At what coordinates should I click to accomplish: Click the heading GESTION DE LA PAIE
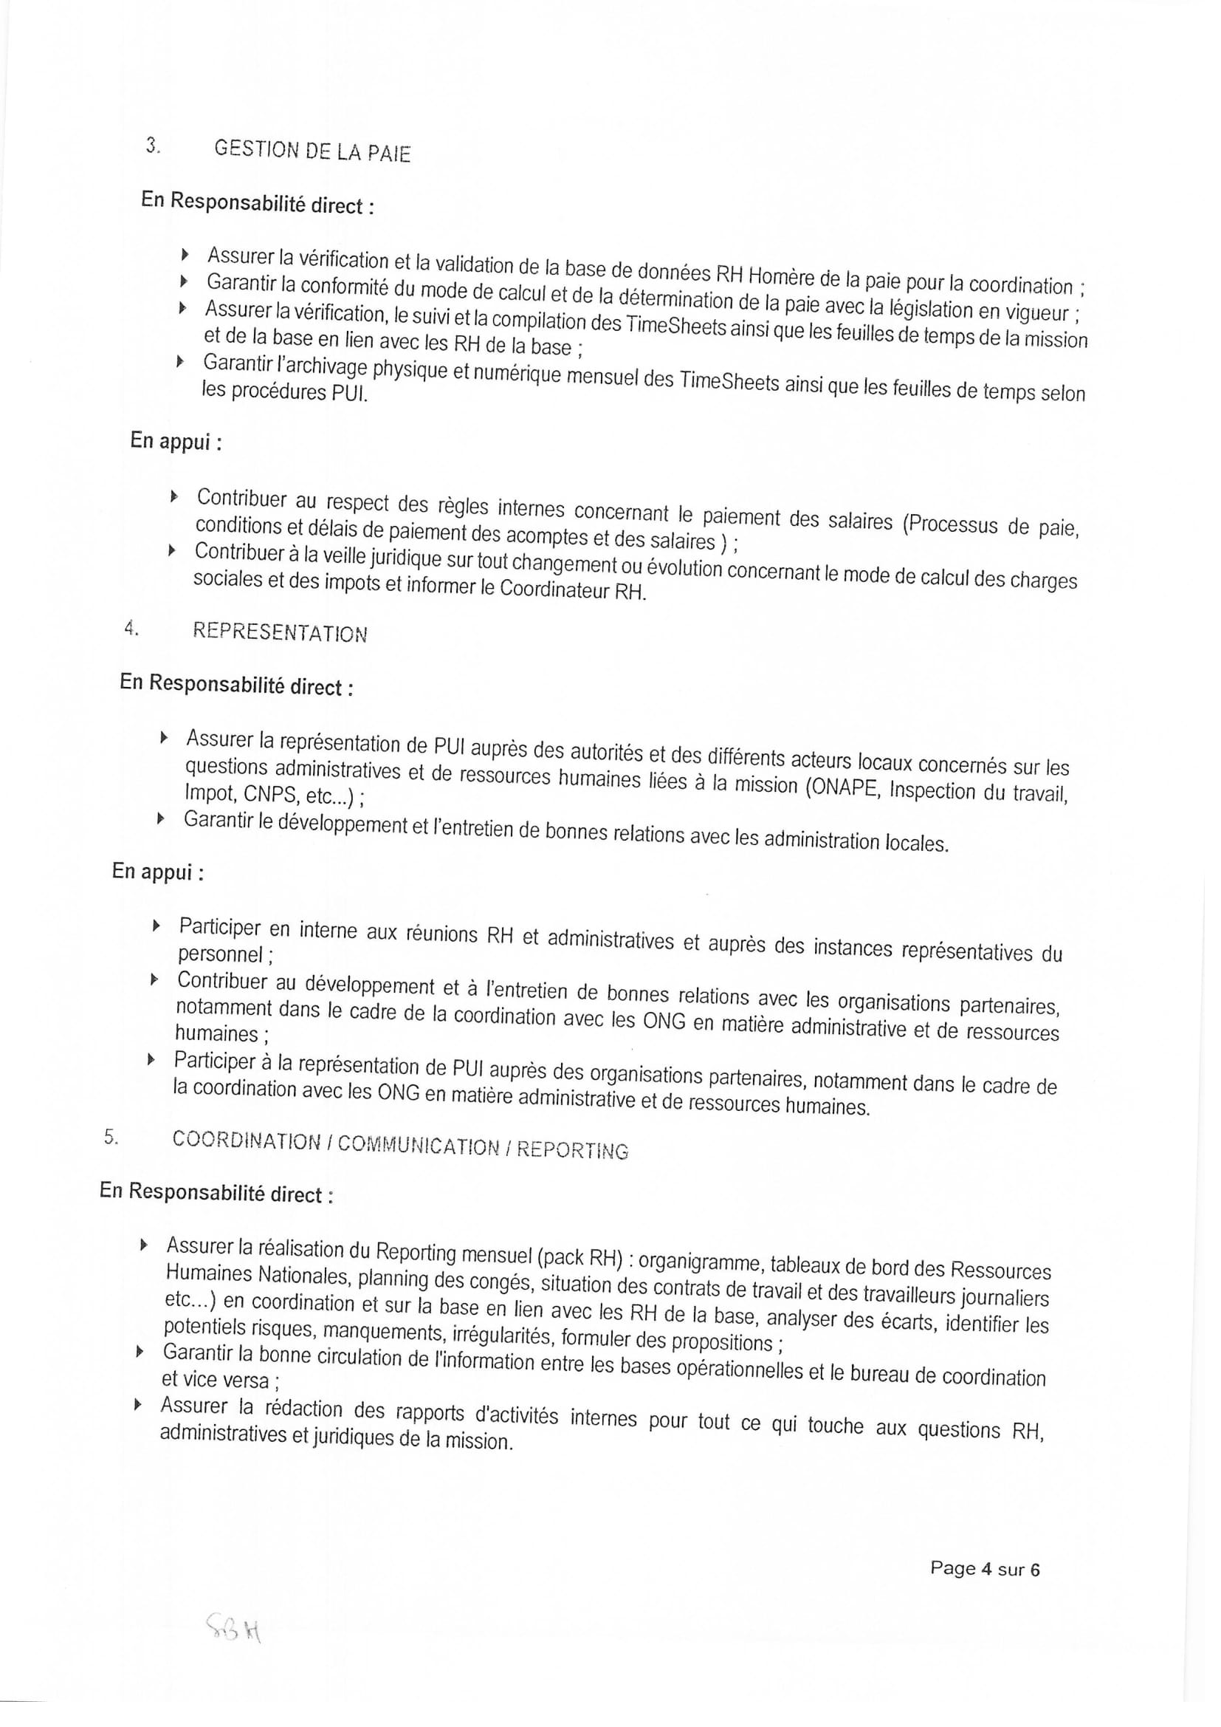(312, 151)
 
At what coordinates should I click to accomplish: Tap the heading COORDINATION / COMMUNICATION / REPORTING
(400, 1145)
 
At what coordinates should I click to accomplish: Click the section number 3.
(154, 146)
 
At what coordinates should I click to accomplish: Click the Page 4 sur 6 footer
(985, 1568)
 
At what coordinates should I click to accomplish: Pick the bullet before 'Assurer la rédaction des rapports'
(137, 1404)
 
